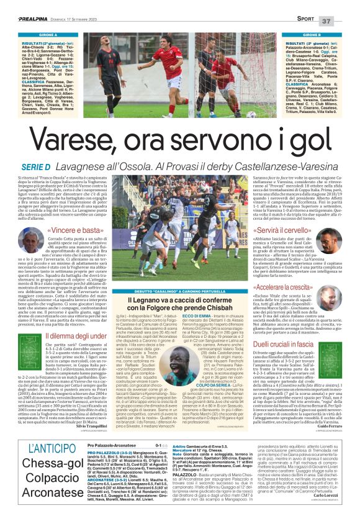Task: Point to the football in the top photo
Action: (250, 114)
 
